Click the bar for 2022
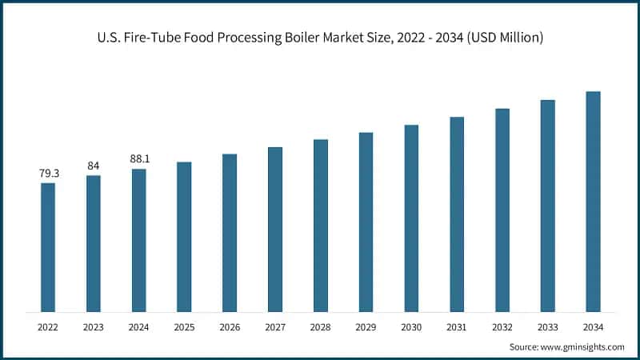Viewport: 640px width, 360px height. (x=48, y=247)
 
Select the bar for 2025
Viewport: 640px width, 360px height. (x=184, y=237)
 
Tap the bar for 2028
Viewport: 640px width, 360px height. (x=320, y=226)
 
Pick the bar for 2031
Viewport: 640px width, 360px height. (x=457, y=214)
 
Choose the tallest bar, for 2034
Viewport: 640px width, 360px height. (x=593, y=202)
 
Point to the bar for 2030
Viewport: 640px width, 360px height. (x=411, y=218)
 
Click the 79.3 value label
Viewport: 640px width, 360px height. (x=48, y=174)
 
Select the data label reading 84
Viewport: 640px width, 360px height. (x=94, y=166)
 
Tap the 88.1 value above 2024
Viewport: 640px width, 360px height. (x=139, y=159)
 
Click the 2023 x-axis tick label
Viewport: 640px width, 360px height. (x=94, y=326)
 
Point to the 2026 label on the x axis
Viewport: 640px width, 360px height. (x=230, y=326)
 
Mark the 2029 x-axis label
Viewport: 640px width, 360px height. (x=366, y=326)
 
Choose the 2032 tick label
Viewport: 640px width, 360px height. (x=502, y=326)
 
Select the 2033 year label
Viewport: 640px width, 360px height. (x=547, y=326)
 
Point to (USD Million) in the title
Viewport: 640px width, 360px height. (x=504, y=38)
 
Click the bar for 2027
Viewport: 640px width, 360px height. (x=275, y=230)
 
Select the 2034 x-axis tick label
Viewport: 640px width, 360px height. (x=593, y=326)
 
